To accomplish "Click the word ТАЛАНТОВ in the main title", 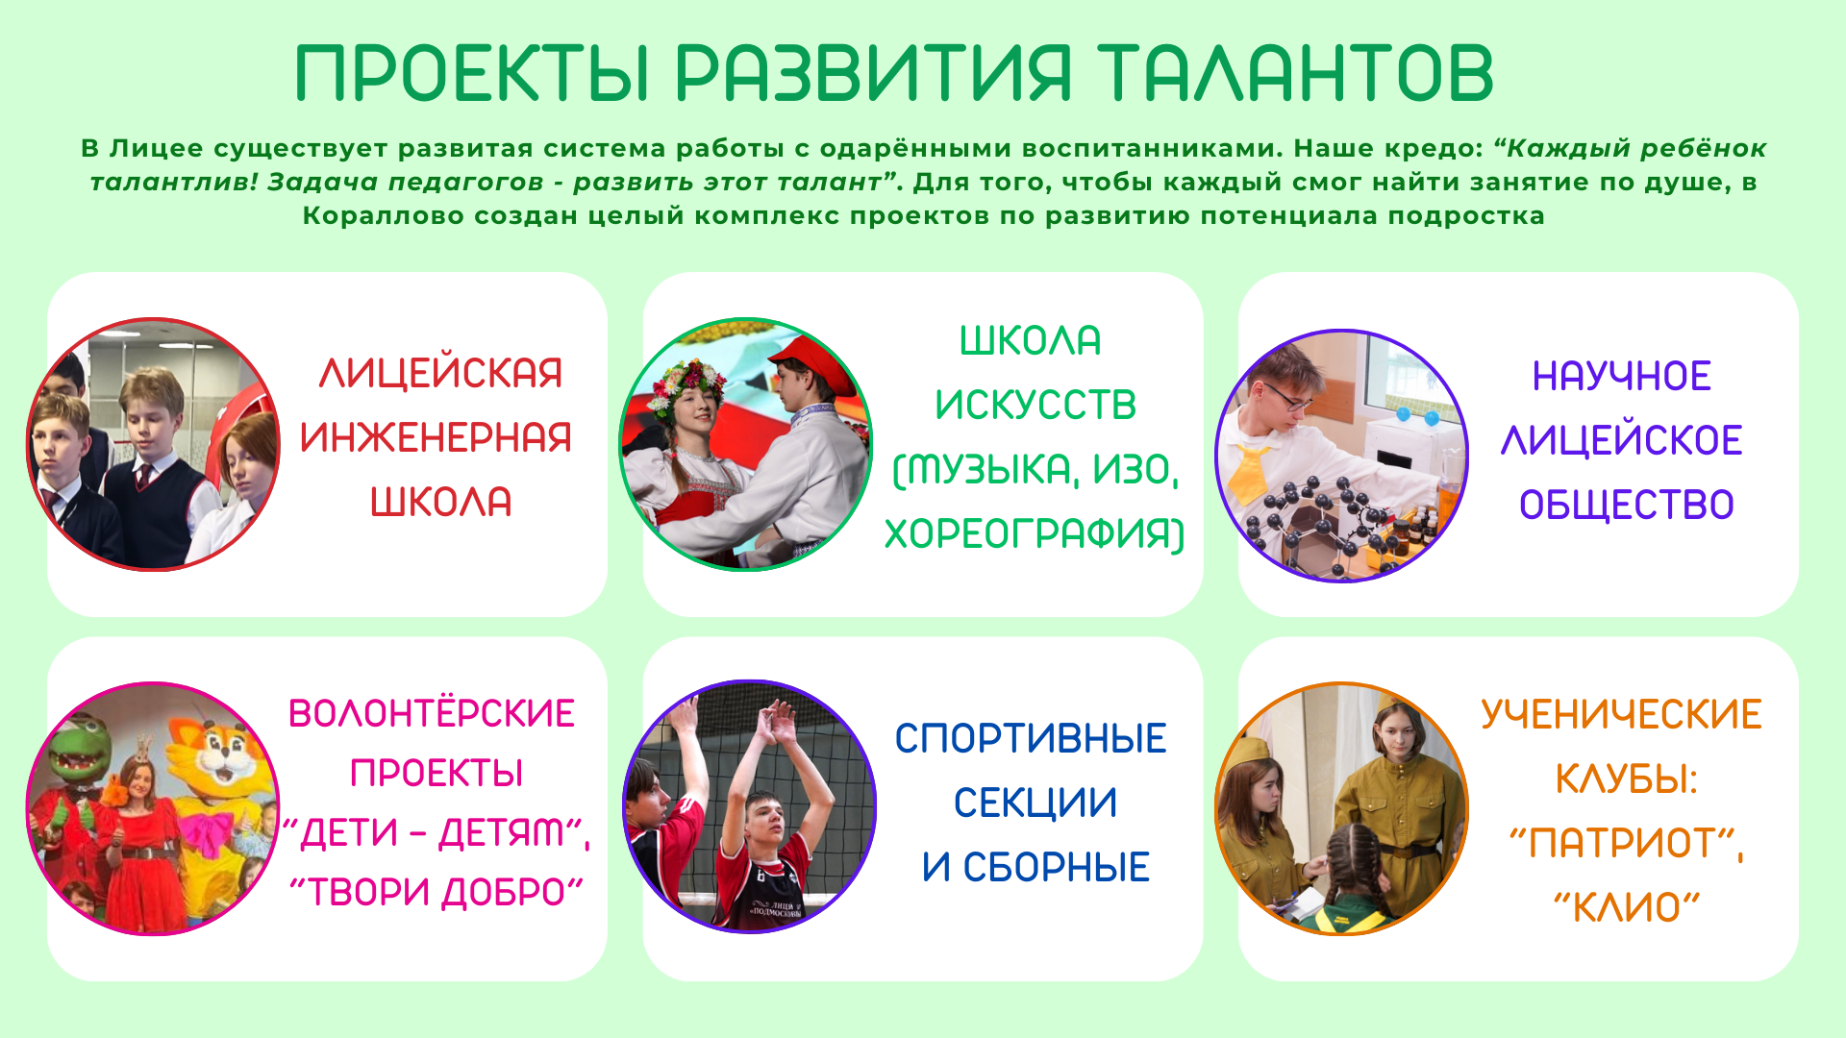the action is (x=1295, y=72).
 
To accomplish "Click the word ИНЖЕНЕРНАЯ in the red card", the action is (x=436, y=438).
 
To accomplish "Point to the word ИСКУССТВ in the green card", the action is (x=1035, y=406).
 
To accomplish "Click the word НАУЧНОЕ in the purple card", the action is (x=1622, y=377).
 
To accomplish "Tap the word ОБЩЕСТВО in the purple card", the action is (x=1627, y=506).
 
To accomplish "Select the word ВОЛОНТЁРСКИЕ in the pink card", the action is (x=432, y=713).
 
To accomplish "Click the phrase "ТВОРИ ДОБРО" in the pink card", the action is (x=437, y=892).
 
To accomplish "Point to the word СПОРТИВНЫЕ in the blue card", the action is (x=1031, y=739).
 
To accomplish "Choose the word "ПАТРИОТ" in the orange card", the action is (x=1624, y=844).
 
